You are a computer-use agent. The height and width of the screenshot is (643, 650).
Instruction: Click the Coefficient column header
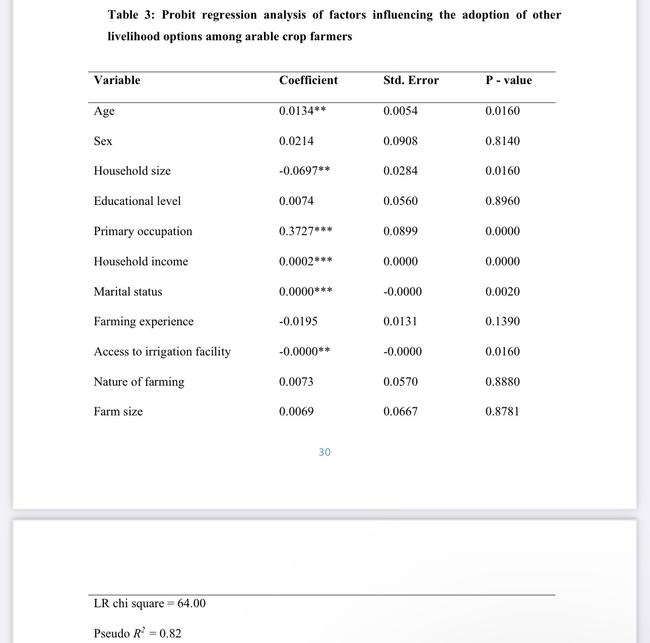coord(308,81)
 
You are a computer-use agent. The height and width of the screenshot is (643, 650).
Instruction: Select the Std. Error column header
coord(411,81)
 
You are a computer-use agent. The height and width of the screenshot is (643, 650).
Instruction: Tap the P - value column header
coord(508,81)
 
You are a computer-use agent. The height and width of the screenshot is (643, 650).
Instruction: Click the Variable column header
coord(117,81)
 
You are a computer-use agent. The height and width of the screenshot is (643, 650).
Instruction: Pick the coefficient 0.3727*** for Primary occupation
coord(305,231)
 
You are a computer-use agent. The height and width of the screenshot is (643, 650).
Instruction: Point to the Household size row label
coord(132,171)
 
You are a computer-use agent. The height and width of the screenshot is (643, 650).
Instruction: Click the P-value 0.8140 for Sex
coord(502,141)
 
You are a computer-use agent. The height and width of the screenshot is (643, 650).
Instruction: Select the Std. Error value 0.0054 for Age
coord(400,111)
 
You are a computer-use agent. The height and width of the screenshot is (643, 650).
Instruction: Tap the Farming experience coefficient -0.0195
coord(298,321)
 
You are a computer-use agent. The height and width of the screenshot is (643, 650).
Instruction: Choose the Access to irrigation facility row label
coord(162,351)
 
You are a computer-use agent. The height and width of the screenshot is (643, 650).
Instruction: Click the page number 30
coord(324,452)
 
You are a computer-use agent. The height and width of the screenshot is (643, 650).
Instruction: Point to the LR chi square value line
coord(150,603)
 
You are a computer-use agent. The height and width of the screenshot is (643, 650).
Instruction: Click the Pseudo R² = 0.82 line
coord(138,633)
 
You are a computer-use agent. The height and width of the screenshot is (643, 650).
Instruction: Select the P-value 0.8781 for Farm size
coord(502,411)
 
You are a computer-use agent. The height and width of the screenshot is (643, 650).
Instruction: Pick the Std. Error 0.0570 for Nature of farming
coord(400,382)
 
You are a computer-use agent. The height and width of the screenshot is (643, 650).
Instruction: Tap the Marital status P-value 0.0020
coord(502,292)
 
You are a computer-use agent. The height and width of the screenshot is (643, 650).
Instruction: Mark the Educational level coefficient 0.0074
coord(296,201)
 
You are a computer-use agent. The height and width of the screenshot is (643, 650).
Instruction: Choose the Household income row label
coord(141,261)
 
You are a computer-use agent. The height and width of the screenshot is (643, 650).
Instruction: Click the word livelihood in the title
coord(133,37)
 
